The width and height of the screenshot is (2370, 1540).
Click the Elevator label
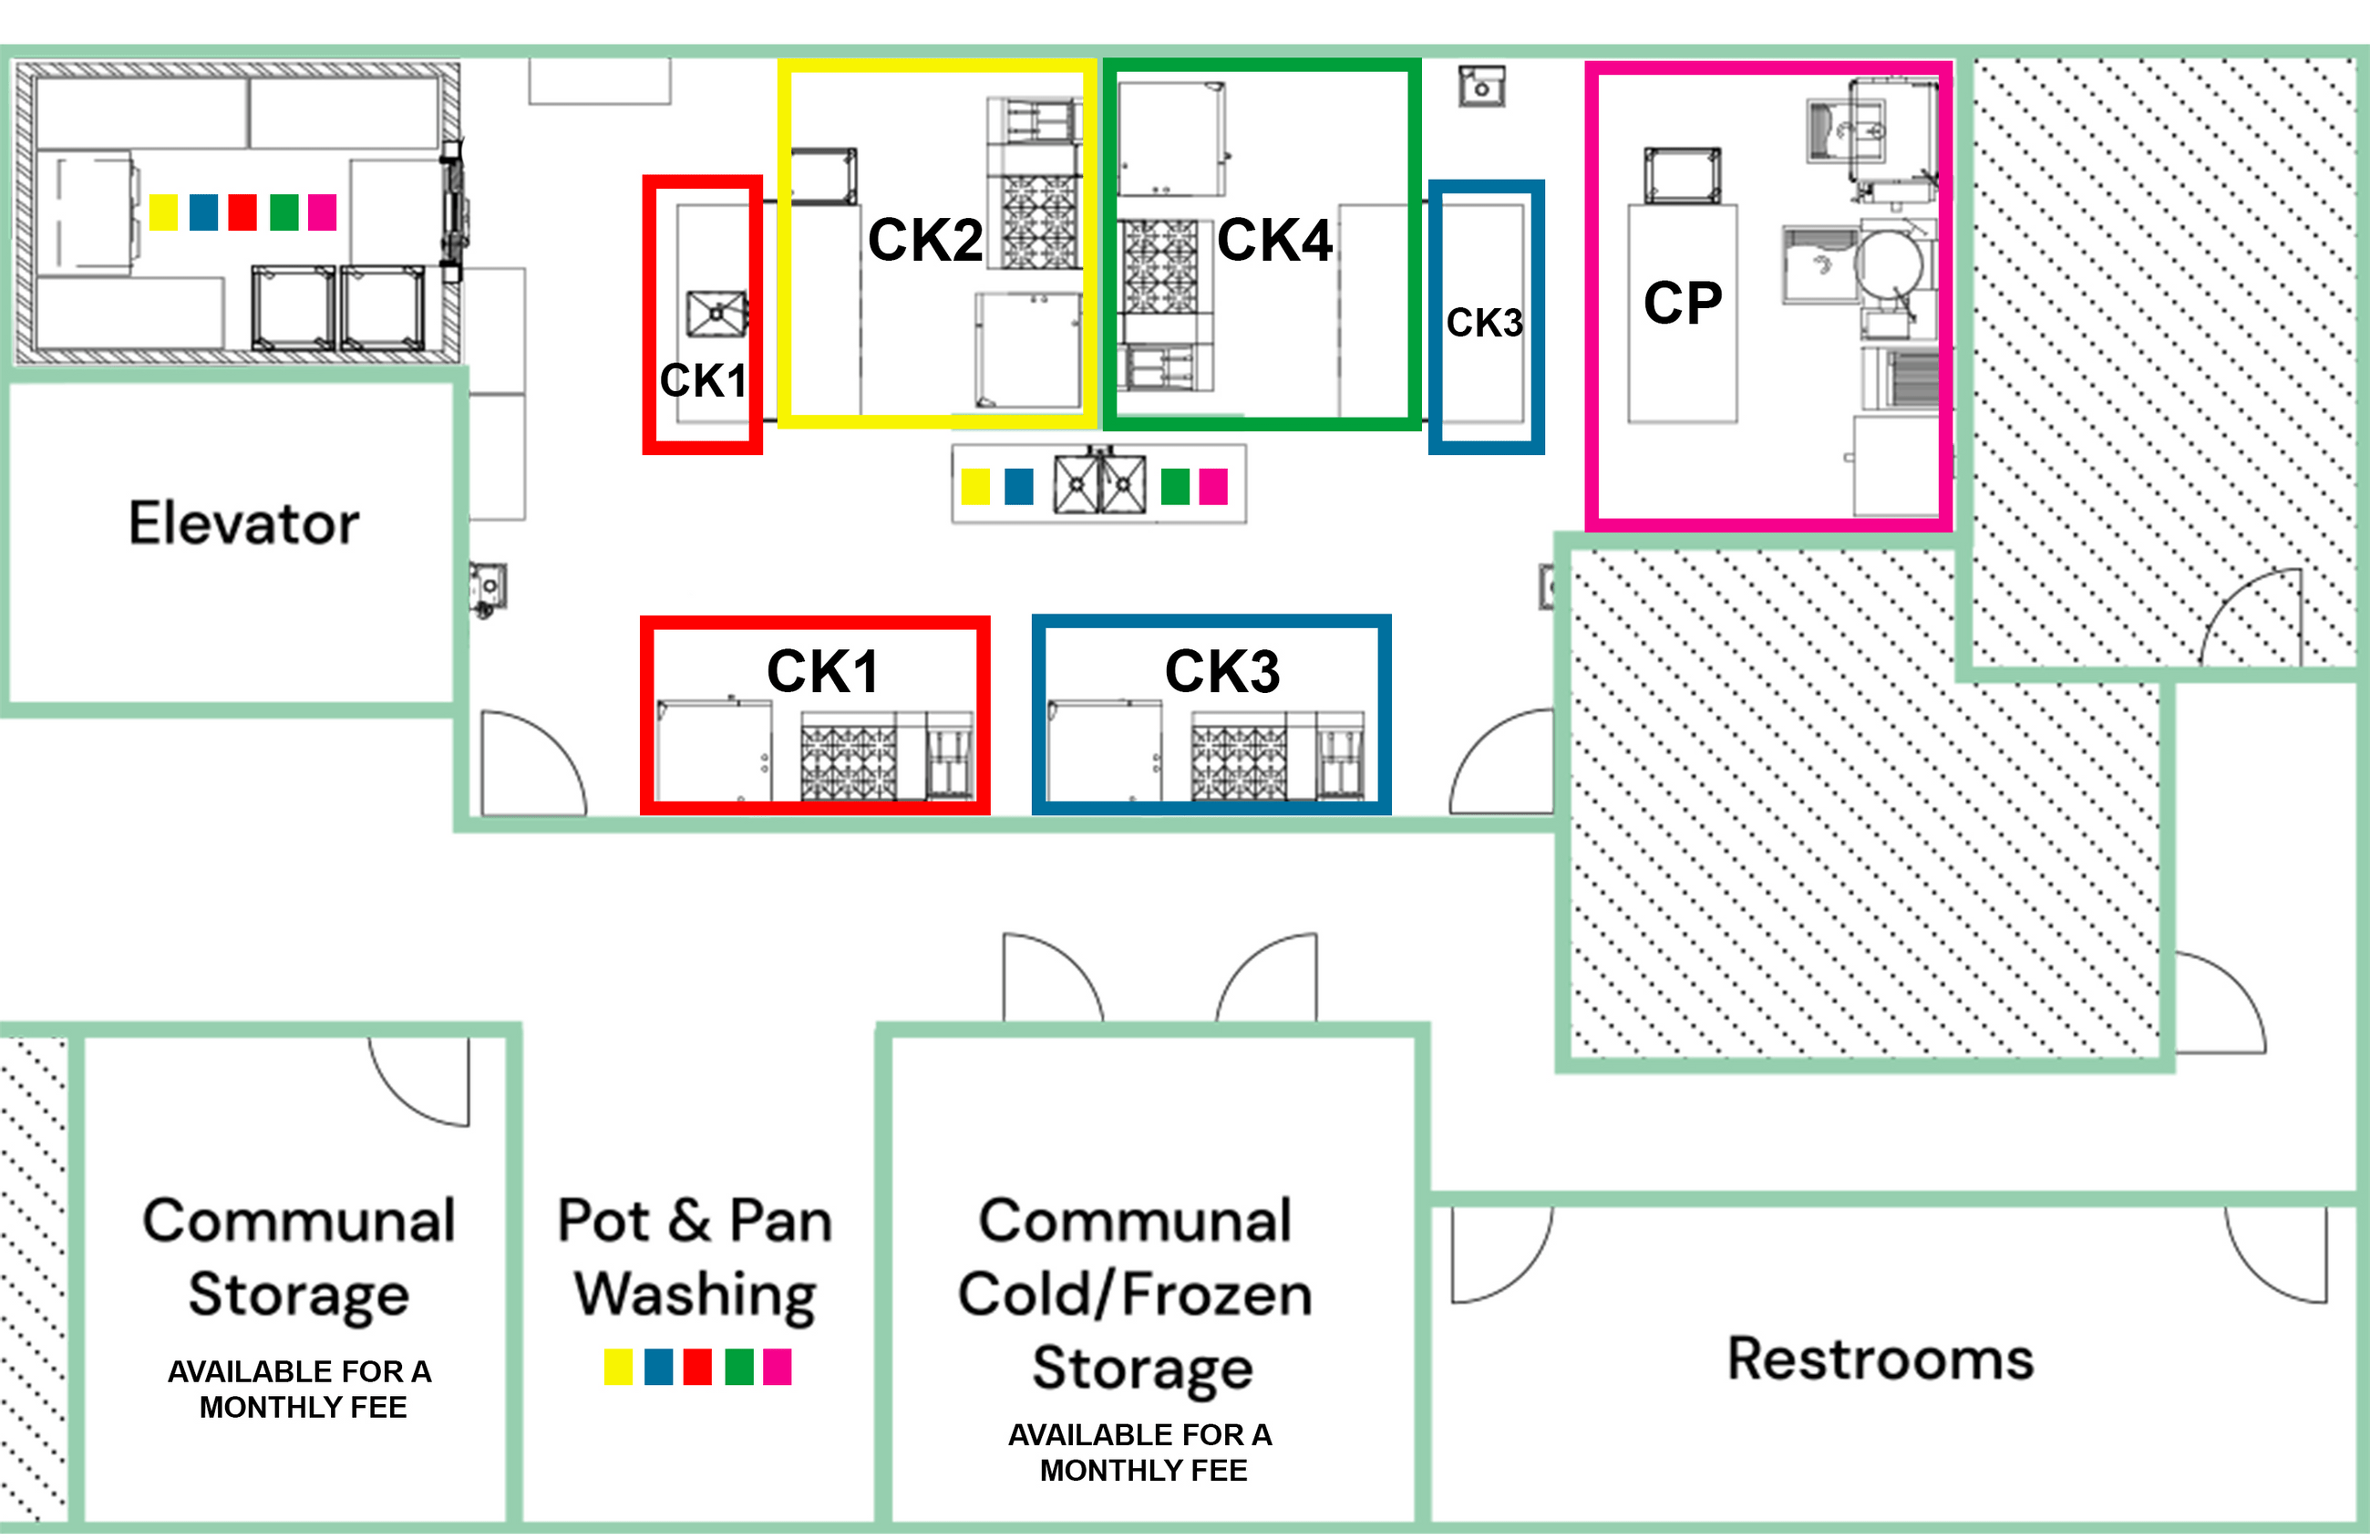[x=244, y=524]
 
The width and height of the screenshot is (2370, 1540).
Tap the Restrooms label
[x=1881, y=1359]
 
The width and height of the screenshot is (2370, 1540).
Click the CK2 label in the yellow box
[x=925, y=240]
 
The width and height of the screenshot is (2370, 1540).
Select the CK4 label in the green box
[x=1274, y=240]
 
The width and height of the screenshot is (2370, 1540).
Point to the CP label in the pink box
[x=1682, y=303]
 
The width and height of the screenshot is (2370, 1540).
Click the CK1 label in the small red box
[x=703, y=380]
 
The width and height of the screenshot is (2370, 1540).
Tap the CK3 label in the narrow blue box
[x=1484, y=323]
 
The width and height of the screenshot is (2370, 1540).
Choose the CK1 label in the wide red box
[x=822, y=671]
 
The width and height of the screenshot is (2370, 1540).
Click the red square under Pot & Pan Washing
[x=697, y=1367]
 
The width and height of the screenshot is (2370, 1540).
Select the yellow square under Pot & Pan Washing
[x=617, y=1367]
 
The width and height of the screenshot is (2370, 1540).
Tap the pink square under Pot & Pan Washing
[x=777, y=1367]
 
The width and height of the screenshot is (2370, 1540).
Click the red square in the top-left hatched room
[x=242, y=212]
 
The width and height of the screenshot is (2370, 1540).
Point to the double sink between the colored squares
[x=1099, y=485]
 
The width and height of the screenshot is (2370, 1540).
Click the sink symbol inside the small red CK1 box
[x=716, y=315]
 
